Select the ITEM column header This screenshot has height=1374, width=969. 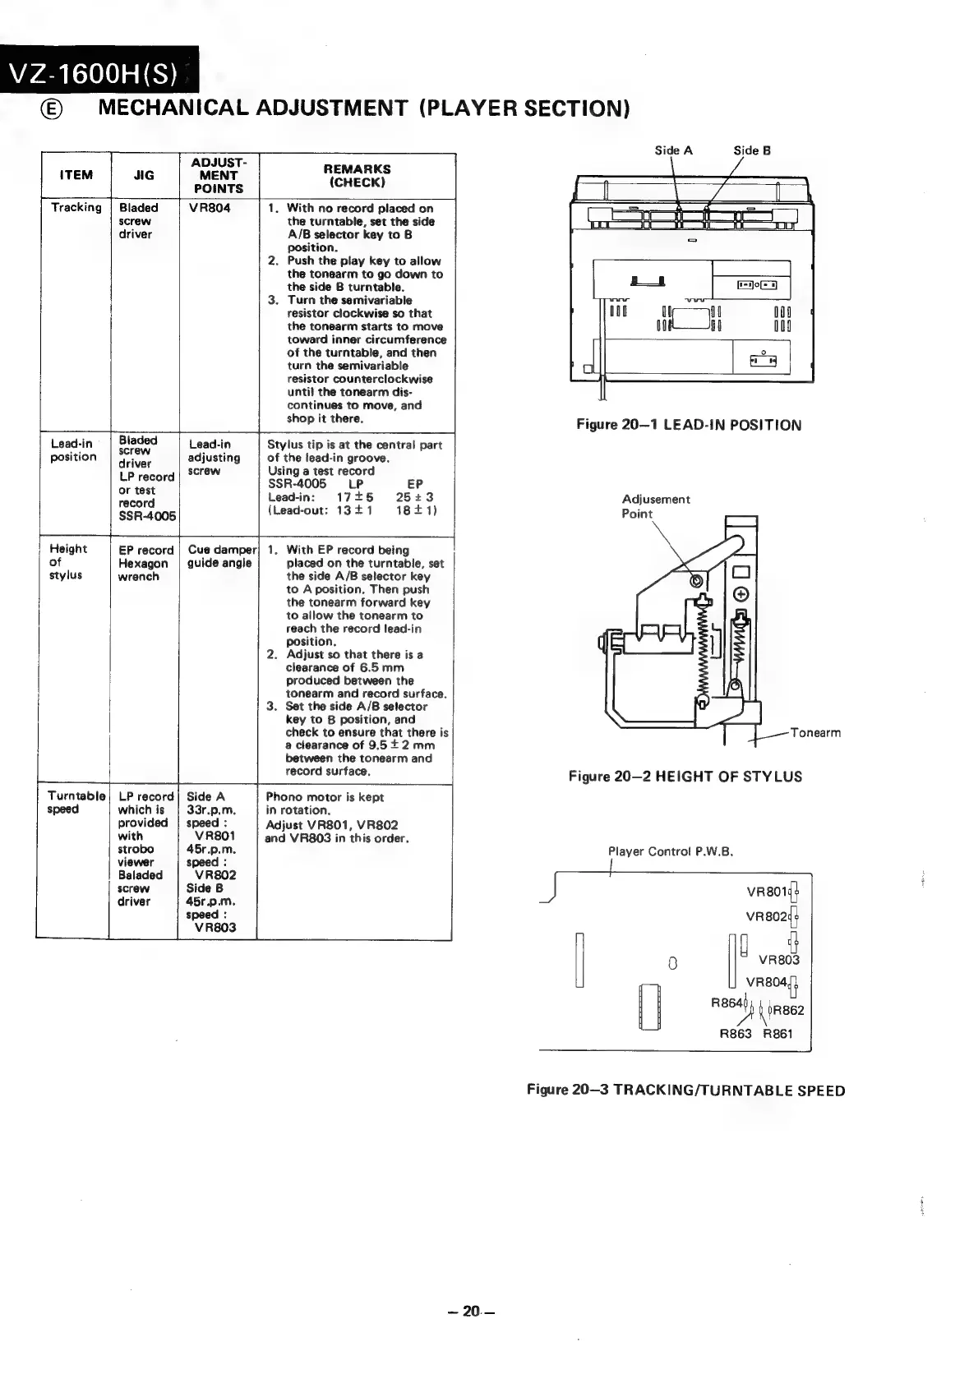[x=76, y=175]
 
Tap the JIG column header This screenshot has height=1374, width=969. [x=144, y=175]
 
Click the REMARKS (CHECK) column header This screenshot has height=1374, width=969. [x=357, y=175]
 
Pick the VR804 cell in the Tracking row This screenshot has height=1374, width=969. [x=210, y=208]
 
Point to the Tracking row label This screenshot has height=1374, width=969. [x=76, y=207]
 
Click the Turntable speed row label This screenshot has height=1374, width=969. [x=76, y=802]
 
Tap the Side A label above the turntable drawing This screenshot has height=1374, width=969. [x=673, y=150]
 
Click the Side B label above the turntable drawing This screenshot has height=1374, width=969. [x=752, y=150]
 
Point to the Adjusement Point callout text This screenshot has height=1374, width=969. [x=655, y=506]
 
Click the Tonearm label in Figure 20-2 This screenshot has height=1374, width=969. [x=815, y=733]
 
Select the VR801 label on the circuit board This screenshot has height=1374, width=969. [x=766, y=892]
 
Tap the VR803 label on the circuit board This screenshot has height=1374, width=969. [x=778, y=959]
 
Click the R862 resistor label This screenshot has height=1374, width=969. [x=787, y=1011]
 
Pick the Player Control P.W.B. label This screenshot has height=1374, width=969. [x=670, y=851]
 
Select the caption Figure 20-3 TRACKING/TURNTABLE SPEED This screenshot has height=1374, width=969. [x=685, y=1090]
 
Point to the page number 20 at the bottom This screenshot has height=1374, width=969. [x=470, y=1311]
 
